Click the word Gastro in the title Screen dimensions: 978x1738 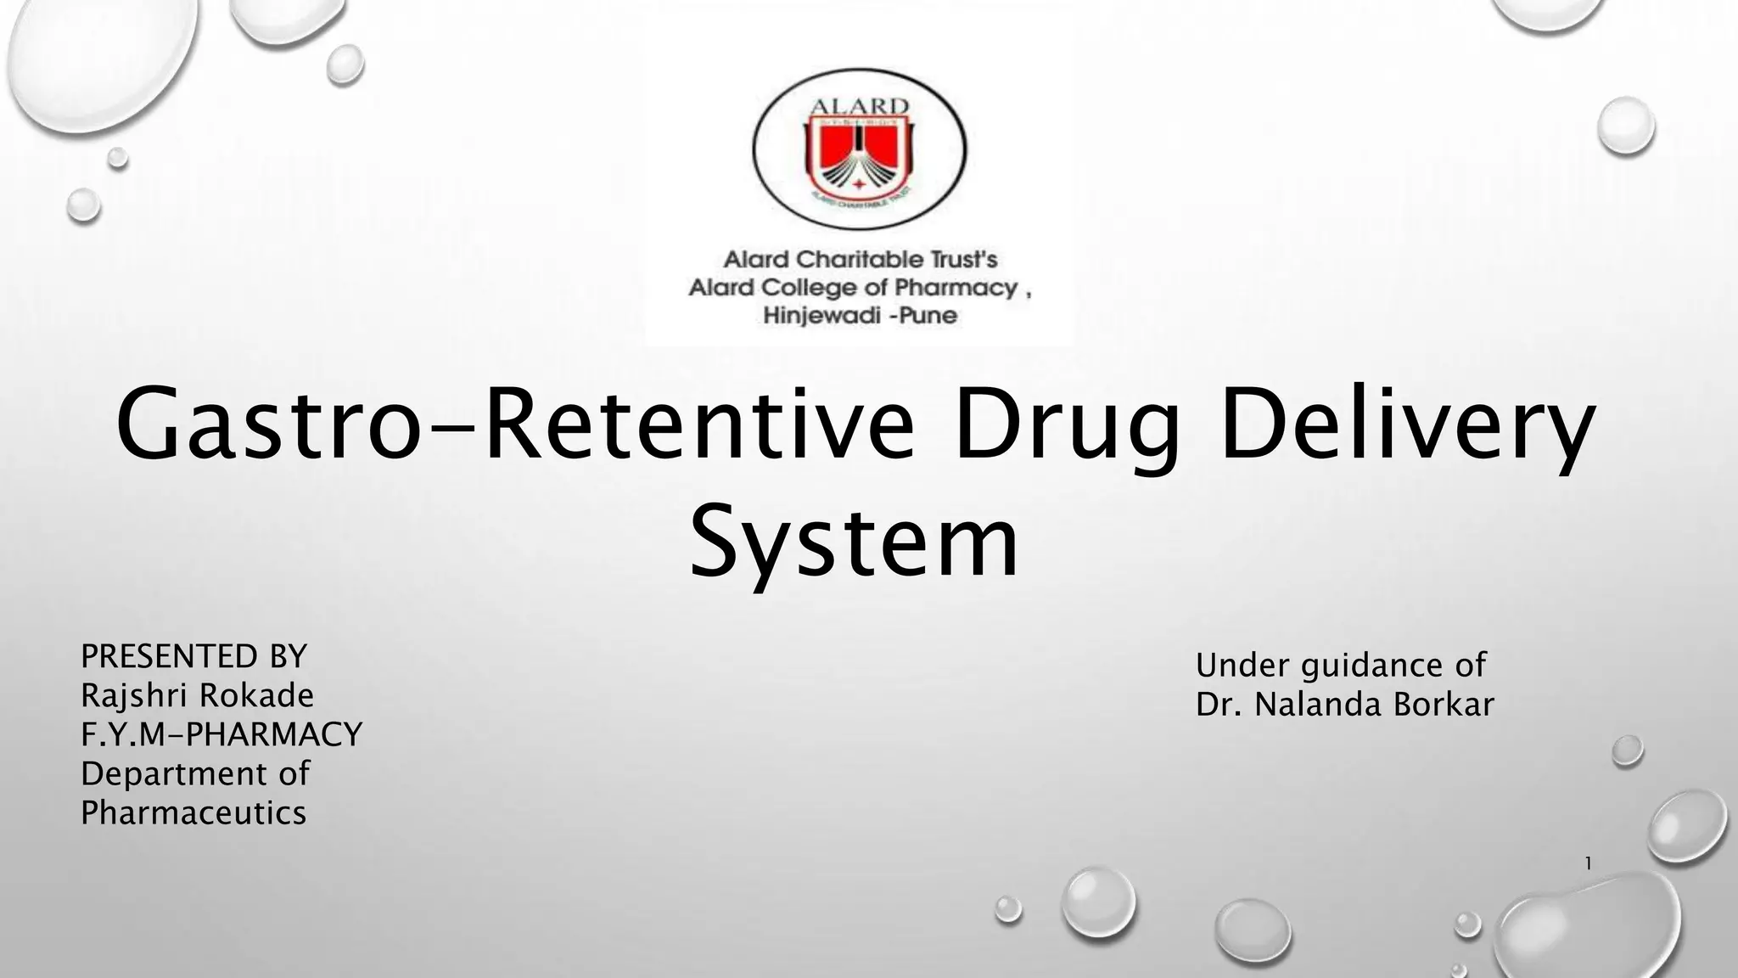click(268, 424)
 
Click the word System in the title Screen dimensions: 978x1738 click(854, 541)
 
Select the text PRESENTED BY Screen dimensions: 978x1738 click(193, 656)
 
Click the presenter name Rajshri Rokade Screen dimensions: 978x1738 click(197, 696)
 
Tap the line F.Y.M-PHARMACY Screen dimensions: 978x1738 click(221, 734)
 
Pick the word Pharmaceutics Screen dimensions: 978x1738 click(193, 813)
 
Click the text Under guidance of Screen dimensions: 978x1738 click(1341, 666)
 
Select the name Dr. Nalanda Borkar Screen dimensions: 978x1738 click(1345, 705)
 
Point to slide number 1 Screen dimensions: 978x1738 click(1588, 864)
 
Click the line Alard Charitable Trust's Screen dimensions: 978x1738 click(860, 259)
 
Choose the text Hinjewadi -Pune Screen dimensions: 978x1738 click(860, 317)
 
